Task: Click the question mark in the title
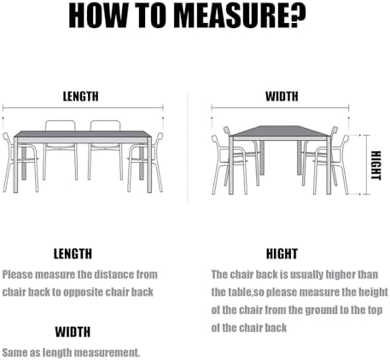point(298,15)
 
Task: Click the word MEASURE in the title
point(235,15)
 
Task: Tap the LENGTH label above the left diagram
point(81,96)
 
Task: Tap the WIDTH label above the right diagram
point(282,96)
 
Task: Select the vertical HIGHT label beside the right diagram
point(375,165)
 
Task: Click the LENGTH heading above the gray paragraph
point(73,253)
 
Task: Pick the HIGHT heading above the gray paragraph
point(282,253)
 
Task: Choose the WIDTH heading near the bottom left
point(73,332)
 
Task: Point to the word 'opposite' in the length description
point(83,292)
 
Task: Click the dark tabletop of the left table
point(82,134)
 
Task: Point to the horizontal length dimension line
point(83,108)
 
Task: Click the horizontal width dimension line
point(280,107)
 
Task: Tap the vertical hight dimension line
point(367,165)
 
